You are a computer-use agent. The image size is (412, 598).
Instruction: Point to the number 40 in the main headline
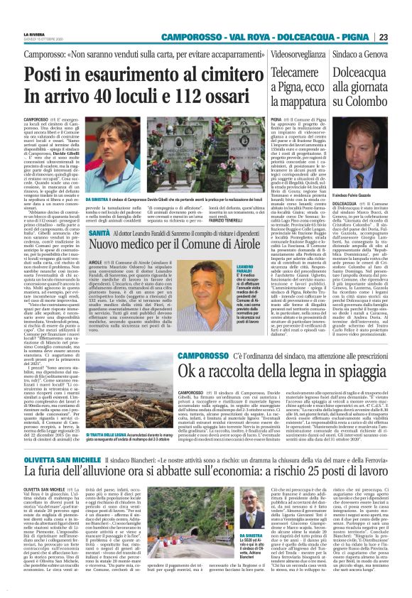(97, 97)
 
